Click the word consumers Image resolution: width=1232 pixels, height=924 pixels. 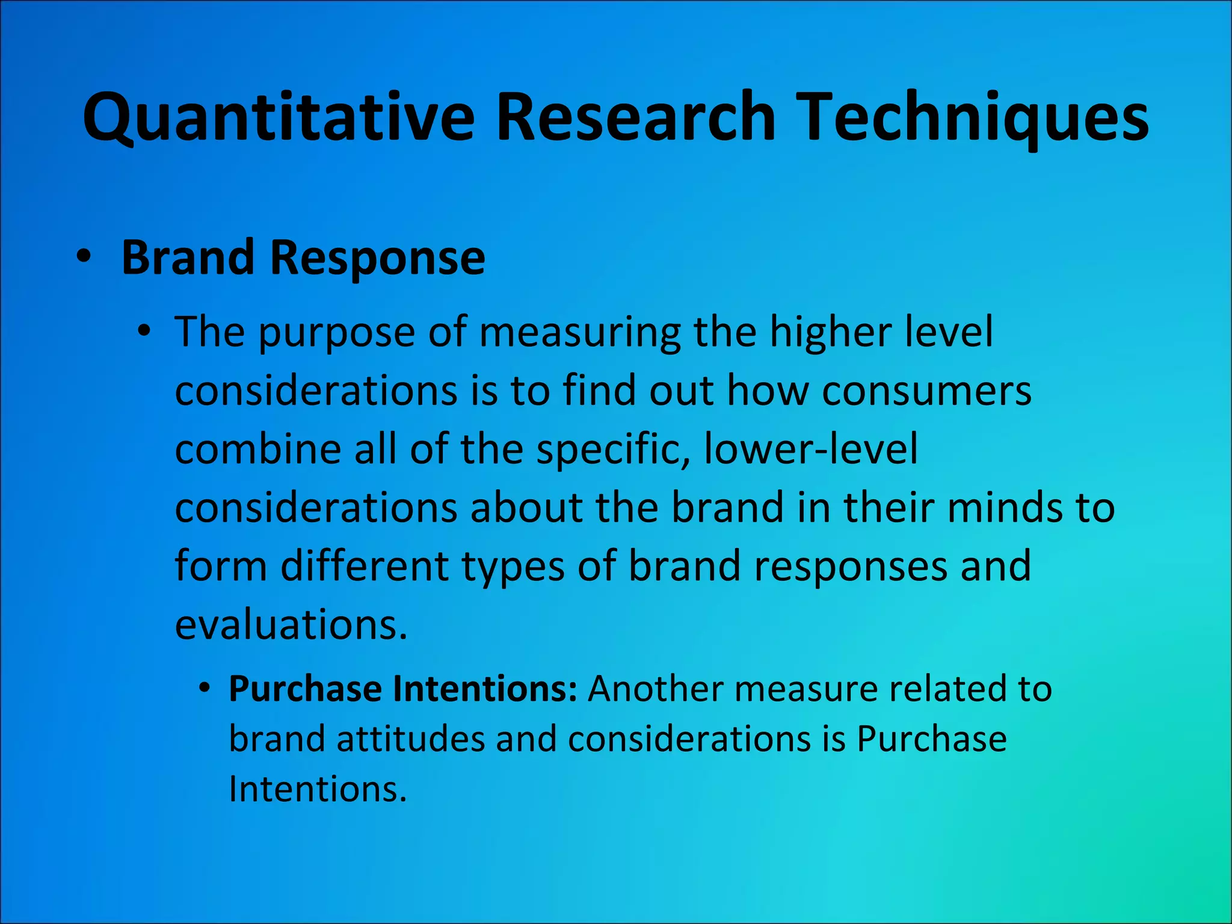pyautogui.click(x=926, y=391)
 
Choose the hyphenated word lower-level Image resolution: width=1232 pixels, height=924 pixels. pyautogui.click(x=810, y=449)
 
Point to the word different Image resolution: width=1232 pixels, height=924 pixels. pyautogui.click(x=365, y=566)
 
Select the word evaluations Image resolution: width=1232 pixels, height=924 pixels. pyautogui.click(x=291, y=624)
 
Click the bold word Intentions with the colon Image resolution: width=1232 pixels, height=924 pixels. pyautogui.click(x=485, y=689)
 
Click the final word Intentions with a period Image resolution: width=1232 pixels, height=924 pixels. pyautogui.click(x=318, y=789)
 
